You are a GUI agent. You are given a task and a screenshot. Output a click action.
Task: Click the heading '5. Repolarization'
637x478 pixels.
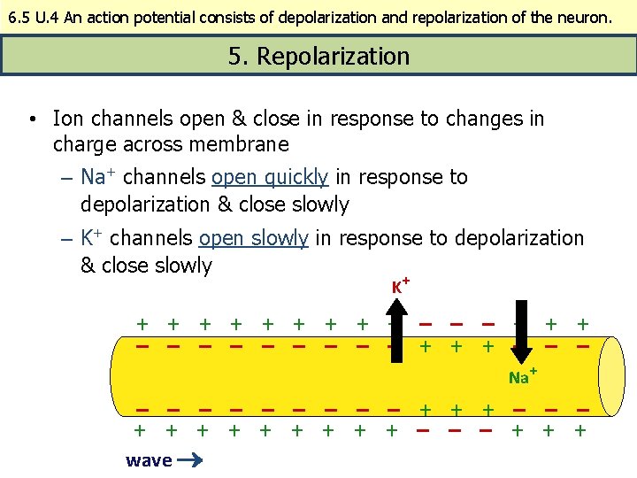coord(318,57)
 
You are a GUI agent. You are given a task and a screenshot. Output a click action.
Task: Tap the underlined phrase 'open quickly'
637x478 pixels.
coord(270,177)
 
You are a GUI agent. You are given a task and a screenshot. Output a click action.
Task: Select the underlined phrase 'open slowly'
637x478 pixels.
coord(254,238)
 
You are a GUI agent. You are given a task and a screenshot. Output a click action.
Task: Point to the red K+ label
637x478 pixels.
coord(400,286)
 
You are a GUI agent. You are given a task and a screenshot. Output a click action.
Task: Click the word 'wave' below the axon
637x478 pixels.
coord(149,459)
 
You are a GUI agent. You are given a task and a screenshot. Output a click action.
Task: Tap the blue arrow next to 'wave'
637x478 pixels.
coord(191,459)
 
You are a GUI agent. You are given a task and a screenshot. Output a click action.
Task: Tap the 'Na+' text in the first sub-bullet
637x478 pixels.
coord(93,177)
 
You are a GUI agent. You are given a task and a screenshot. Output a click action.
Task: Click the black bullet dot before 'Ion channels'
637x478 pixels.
coord(31,119)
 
